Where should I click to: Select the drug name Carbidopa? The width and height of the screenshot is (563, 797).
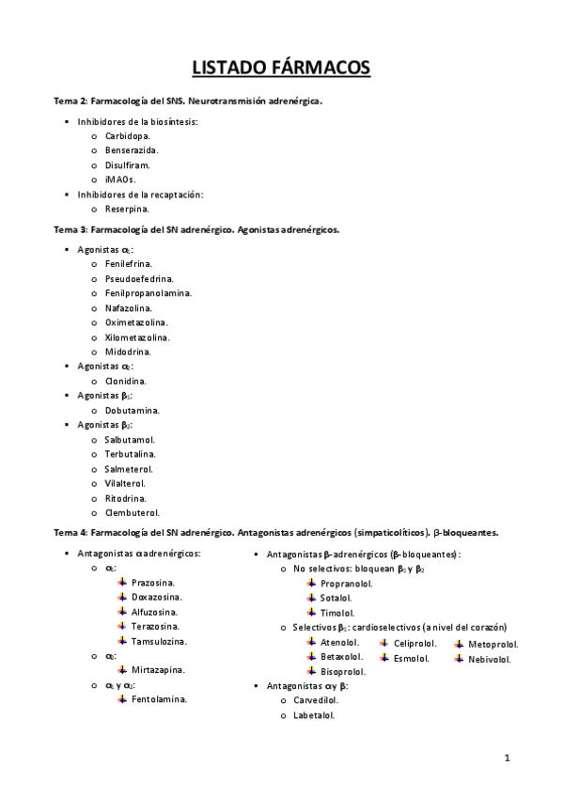pos(127,135)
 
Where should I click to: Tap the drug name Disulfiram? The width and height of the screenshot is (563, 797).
pos(127,164)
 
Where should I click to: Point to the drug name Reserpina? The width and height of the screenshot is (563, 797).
pos(127,209)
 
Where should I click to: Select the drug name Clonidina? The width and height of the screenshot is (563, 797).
pos(125,381)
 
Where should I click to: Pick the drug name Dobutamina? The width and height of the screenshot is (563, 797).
pos(132,410)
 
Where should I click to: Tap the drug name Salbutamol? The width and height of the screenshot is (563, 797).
pos(130,439)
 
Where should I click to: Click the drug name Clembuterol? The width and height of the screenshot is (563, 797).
pos(132,512)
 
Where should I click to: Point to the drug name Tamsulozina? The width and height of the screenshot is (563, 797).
pos(159,641)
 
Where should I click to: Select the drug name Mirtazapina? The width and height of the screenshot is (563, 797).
pos(158,670)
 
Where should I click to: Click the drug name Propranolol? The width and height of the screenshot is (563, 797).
pos(346,583)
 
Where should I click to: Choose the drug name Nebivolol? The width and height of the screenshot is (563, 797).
pos(489,659)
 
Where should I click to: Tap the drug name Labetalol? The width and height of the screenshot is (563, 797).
pos(314,714)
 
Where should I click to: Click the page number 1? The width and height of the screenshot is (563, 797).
pos(507,758)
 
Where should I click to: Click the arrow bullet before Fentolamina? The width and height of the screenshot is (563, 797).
pos(122,698)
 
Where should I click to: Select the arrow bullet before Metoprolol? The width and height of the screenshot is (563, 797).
pos(459,645)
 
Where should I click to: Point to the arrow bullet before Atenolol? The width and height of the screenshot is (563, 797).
pos(311,642)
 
